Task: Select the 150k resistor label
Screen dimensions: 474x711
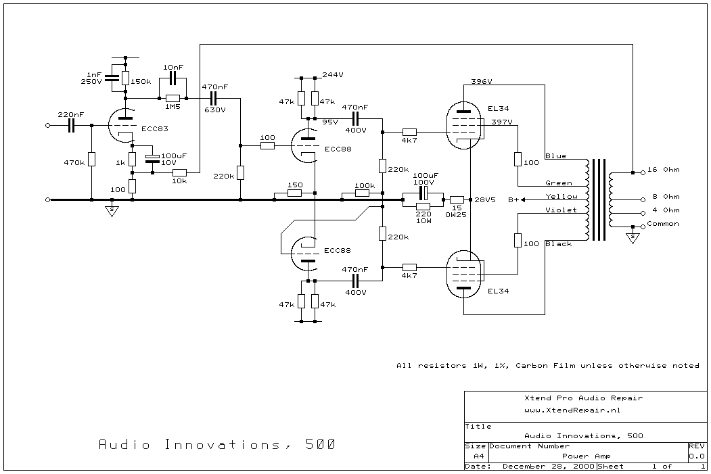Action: point(141,81)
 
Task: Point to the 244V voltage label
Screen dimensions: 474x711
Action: point(333,74)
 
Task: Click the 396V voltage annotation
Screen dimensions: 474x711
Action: point(481,81)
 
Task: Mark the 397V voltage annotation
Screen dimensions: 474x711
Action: point(501,122)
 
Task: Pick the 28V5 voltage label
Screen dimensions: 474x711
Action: point(485,200)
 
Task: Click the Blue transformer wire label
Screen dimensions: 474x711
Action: point(555,156)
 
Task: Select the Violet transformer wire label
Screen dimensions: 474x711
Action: point(561,210)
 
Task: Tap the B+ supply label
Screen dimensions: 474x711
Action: point(513,200)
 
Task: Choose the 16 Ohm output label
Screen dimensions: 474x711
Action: point(663,170)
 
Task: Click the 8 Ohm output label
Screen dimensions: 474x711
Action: point(666,197)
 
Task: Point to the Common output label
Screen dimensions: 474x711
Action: point(663,224)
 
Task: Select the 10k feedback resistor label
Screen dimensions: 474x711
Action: point(179,181)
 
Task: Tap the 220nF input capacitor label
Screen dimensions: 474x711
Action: point(70,115)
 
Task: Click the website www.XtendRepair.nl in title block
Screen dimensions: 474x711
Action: point(572,410)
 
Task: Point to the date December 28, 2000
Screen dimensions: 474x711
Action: point(548,467)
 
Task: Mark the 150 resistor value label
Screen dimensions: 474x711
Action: point(294,185)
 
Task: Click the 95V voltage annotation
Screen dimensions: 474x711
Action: point(329,122)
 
